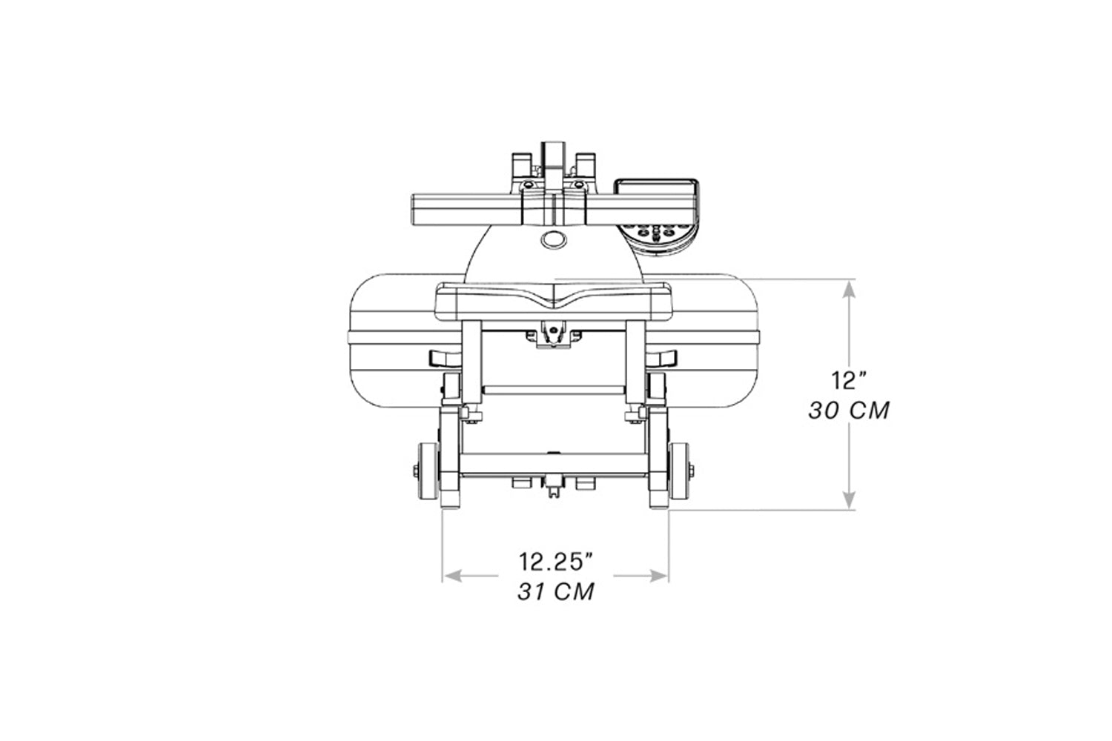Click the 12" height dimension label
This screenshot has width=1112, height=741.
[849, 380]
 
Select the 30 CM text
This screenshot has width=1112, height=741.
[849, 411]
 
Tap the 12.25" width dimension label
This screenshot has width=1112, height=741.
[556, 562]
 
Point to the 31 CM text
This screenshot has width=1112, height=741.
[556, 591]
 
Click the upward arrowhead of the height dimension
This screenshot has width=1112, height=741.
[850, 289]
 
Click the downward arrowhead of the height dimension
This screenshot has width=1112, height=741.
[850, 499]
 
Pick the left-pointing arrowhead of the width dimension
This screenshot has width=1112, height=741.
[452, 576]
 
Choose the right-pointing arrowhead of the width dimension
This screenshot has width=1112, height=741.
[658, 576]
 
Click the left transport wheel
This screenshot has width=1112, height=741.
[428, 471]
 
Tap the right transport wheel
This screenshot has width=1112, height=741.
[679, 471]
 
